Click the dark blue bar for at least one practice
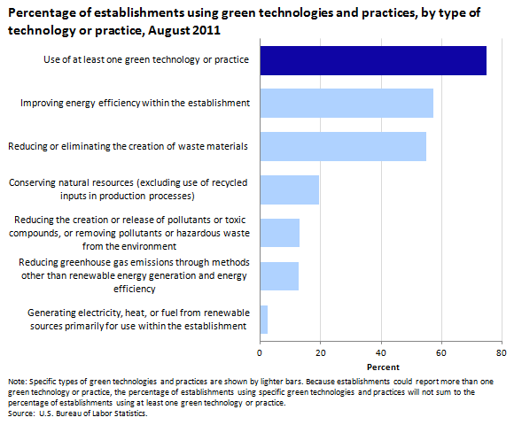point(373,60)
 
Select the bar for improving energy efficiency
point(347,103)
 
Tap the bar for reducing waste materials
point(343,146)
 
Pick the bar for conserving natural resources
point(290,189)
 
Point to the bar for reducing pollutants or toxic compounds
point(280,233)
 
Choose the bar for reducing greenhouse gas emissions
point(279,276)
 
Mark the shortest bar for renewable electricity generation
point(264,320)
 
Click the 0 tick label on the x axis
point(260,353)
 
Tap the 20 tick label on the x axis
point(321,353)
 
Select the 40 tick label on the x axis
point(381,353)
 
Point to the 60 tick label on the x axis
point(441,353)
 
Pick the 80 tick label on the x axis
point(502,353)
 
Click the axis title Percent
point(383,367)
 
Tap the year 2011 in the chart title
point(206,30)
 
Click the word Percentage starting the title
point(44,13)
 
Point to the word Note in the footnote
point(18,382)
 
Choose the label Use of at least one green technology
point(146,60)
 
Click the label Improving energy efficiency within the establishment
point(135,103)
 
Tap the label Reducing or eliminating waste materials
point(128,146)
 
